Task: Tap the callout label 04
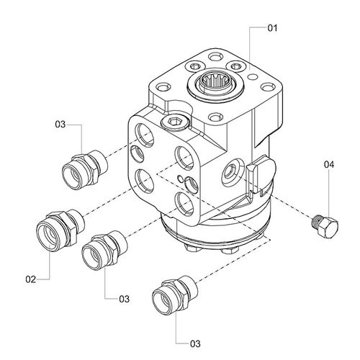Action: [329, 164]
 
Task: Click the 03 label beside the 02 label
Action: [123, 298]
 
